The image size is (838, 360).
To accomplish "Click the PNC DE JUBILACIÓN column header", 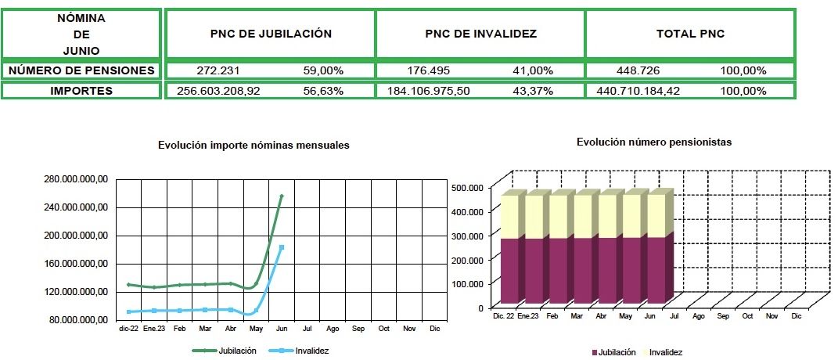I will coord(271,34).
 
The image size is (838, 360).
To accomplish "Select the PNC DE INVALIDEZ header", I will coord(480,34).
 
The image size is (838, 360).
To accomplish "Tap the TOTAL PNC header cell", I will coord(689,34).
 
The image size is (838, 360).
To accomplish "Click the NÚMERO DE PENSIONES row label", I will coord(81,70).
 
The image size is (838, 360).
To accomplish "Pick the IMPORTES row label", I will coord(81,91).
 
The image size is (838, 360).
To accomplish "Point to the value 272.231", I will coord(218,70).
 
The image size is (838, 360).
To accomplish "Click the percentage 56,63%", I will coord(324,91).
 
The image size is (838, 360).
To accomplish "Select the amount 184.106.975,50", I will coord(428,91).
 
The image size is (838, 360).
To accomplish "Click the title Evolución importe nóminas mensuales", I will coord(254,146).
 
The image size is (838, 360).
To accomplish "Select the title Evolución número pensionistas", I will coord(654,142).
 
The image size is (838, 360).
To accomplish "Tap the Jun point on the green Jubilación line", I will coord(282,196).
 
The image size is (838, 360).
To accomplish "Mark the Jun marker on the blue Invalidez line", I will coord(282,247).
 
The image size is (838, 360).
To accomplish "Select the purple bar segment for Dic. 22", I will coord(509,270).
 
